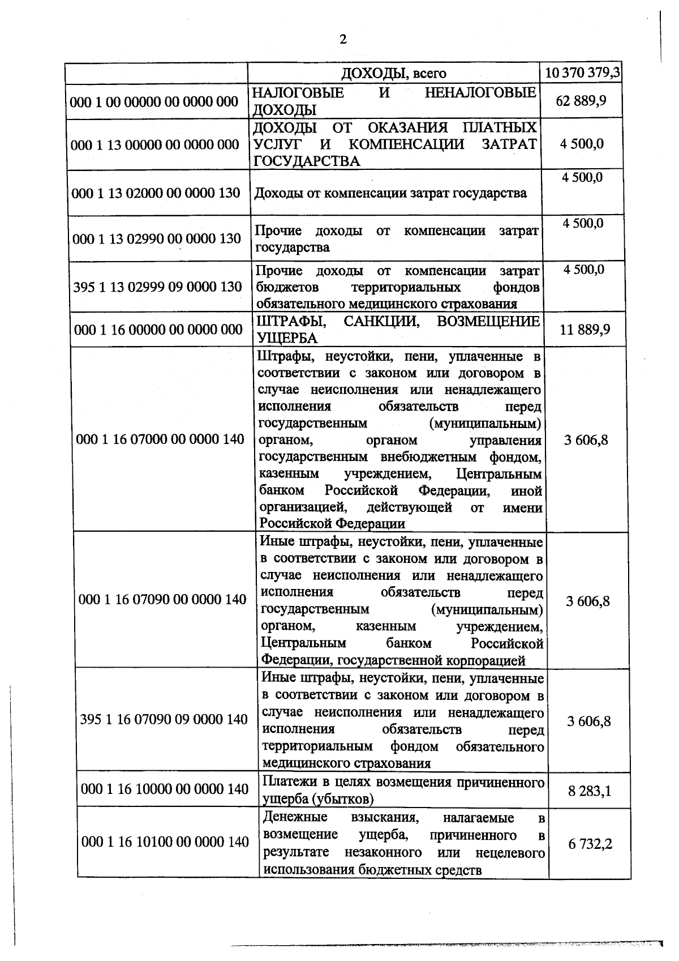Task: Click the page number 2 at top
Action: pyautogui.click(x=342, y=39)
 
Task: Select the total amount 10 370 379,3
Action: pyautogui.click(x=582, y=73)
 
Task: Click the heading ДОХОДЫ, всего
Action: pyautogui.click(x=393, y=74)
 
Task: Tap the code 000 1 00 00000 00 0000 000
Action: pyautogui.click(x=154, y=102)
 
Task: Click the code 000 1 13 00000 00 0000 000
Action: pyautogui.click(x=155, y=144)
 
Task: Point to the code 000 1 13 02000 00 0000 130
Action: pyautogui.click(x=156, y=193)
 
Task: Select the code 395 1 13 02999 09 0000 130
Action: pyautogui.click(x=157, y=287)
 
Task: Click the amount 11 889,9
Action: pyautogui.click(x=585, y=330)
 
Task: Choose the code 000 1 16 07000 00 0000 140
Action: pyautogui.click(x=160, y=439)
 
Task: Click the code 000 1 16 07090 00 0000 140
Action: pyautogui.click(x=162, y=600)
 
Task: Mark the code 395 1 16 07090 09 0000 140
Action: pyautogui.click(x=164, y=720)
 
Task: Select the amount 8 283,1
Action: pyautogui.click(x=590, y=791)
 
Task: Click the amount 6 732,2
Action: pyautogui.click(x=590, y=844)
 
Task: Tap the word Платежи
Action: pyautogui.click(x=286, y=783)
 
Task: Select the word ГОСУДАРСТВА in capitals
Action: pyautogui.click(x=307, y=161)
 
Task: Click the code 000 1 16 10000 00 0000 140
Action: pyautogui.click(x=165, y=789)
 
